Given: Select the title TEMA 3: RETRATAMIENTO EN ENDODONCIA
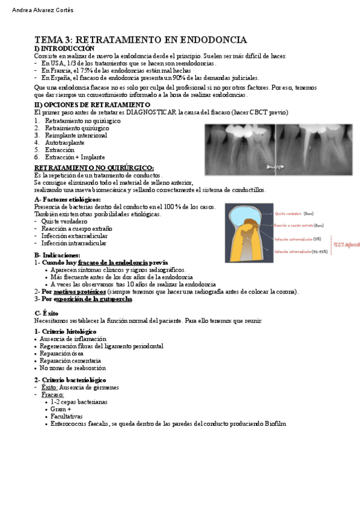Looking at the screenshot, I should coord(141,40).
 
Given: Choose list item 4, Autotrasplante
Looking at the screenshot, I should coord(66,143).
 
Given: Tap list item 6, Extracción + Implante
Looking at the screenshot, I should coord(75,157).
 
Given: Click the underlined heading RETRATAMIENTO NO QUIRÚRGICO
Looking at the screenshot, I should coord(94,168).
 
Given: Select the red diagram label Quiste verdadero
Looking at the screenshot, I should coord(288,213).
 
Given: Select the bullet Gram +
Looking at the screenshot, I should coord(61,409).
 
